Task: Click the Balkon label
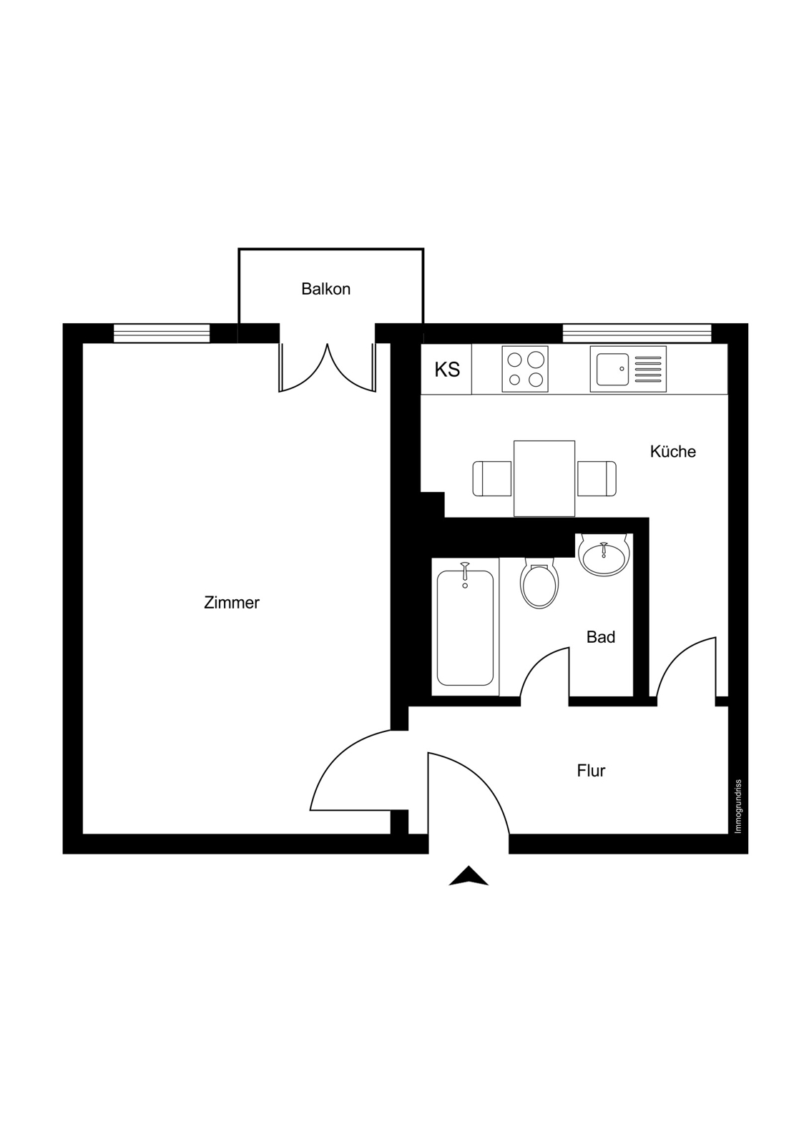325,289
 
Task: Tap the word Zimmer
232,603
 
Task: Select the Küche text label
672,451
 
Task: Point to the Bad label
600,637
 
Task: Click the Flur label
591,771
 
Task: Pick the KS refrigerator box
446,369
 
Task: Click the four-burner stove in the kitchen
525,369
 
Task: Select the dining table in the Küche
544,478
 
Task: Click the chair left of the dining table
492,478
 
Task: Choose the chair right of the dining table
597,478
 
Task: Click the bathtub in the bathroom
465,628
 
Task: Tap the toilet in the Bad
539,583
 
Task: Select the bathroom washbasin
604,555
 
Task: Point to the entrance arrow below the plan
468,876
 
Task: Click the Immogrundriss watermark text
737,807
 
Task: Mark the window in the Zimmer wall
162,333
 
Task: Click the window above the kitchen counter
637,333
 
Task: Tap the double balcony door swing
327,368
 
